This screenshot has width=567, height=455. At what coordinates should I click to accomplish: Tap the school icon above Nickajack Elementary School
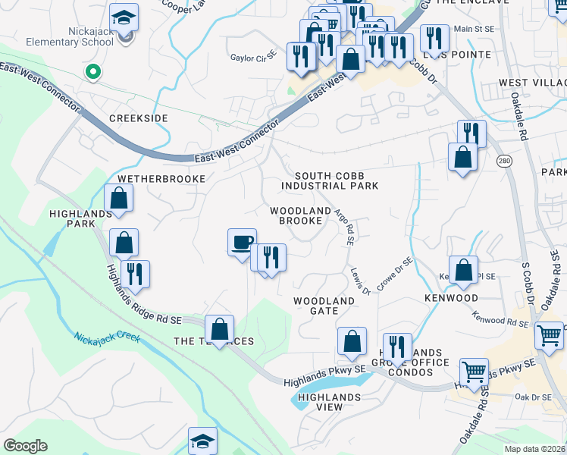124,16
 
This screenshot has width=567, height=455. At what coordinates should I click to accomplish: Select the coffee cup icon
242,242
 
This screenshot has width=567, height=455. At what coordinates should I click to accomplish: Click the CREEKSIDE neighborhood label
138,118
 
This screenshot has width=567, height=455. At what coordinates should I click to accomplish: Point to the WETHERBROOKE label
161,179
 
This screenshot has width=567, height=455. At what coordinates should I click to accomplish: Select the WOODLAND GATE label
324,306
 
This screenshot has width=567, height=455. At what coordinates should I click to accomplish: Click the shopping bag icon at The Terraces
219,329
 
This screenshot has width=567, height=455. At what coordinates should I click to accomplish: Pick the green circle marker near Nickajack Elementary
93,73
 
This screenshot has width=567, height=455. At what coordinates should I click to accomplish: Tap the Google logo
26,446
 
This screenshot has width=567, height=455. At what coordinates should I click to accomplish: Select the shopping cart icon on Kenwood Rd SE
549,334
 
